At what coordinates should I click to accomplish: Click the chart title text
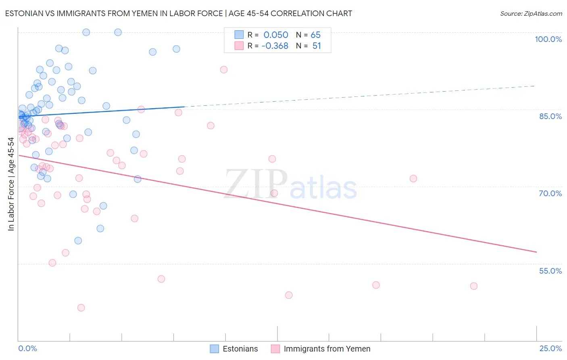178,13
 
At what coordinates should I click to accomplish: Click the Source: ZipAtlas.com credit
531,13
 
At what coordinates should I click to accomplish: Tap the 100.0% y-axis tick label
548,39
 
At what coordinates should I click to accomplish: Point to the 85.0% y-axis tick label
550,116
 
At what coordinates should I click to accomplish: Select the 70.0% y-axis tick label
550,193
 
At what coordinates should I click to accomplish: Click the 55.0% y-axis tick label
550,271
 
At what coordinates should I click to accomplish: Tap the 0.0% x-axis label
27,348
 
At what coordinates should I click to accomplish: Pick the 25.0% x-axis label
550,348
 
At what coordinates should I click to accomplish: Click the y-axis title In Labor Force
11,184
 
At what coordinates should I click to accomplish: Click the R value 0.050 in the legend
276,35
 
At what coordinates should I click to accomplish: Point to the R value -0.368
275,46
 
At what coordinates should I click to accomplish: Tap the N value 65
315,35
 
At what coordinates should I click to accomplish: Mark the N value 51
317,46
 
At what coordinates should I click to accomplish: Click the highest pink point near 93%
224,69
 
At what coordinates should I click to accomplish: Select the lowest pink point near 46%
81,308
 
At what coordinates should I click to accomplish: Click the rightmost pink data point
474,286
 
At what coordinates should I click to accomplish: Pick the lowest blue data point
78,241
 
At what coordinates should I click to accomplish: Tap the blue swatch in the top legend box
239,35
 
